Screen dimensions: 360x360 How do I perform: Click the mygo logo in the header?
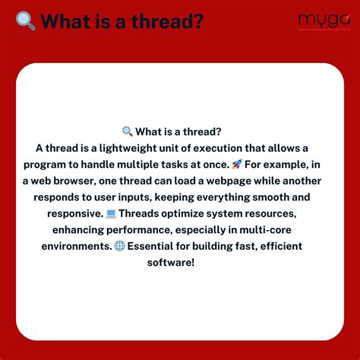coord(320,19)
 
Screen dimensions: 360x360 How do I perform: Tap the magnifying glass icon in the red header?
coord(26,21)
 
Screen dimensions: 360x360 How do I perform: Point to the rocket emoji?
coord(238,164)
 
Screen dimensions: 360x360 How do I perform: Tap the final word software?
coord(179,262)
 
